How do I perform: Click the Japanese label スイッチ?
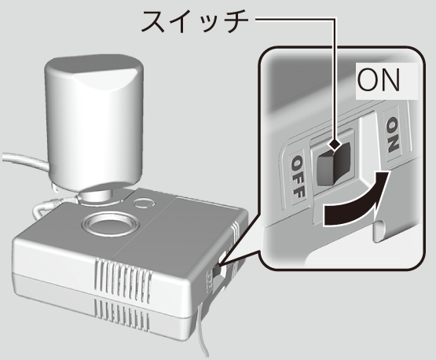[x=195, y=21]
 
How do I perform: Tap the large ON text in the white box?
[x=379, y=80]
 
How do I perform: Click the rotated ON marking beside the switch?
[x=393, y=134]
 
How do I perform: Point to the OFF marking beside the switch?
[x=298, y=176]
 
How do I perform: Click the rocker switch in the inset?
[x=333, y=164]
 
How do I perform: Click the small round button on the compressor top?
[x=144, y=203]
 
